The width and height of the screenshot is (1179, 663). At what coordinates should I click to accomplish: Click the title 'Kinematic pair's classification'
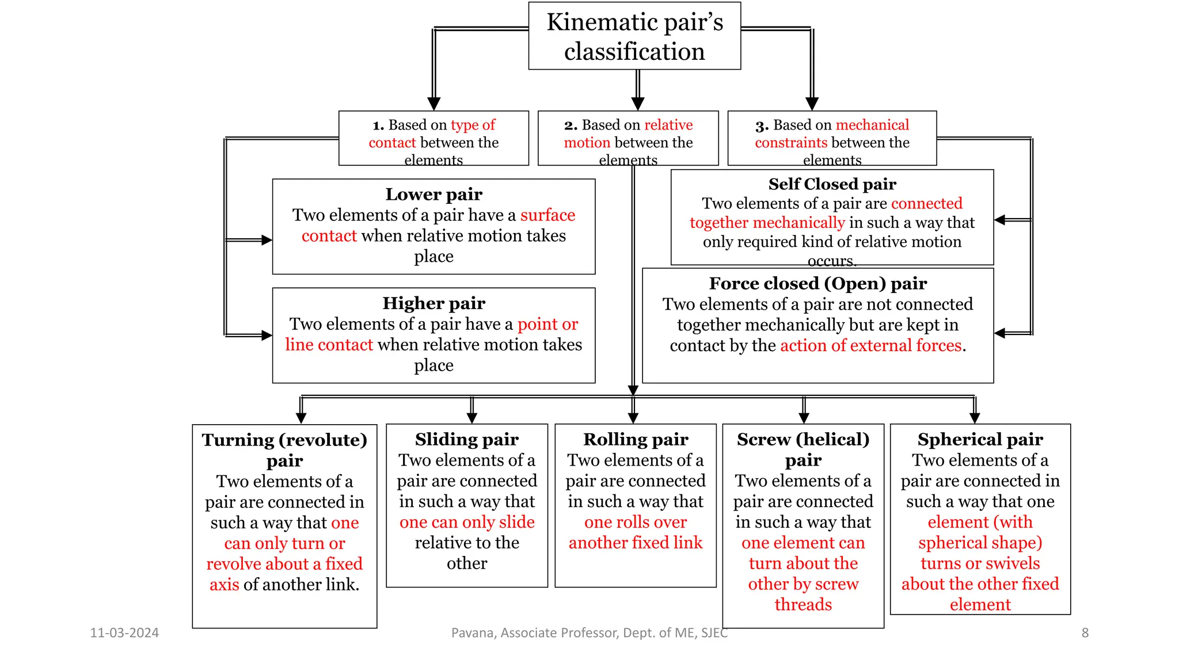634,36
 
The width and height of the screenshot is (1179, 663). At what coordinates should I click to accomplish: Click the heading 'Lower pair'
433,195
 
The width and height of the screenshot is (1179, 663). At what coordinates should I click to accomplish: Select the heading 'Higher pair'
433,303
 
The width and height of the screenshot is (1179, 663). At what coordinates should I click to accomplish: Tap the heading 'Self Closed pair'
832,184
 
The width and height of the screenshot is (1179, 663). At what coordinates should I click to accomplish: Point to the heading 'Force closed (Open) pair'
817,284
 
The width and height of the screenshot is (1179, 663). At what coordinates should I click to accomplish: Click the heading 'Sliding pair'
466,440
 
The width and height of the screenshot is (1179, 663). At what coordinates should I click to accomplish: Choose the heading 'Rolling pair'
636,440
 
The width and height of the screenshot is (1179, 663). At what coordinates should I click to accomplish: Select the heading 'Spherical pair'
980,440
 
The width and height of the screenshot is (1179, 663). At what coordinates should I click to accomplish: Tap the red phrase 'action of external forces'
870,345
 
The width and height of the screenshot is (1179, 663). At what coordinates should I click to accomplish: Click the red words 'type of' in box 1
473,125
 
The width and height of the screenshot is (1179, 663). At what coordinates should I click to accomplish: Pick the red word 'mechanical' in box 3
872,125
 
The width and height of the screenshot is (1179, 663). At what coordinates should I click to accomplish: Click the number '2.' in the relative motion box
571,125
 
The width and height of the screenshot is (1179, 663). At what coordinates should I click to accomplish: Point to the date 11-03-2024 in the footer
124,633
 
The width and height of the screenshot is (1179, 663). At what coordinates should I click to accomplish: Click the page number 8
1085,633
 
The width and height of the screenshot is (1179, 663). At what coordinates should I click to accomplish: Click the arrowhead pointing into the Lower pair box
267,240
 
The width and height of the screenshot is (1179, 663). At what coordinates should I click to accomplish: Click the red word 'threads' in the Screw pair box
803,605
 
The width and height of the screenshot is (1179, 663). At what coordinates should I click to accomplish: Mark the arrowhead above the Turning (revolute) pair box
301,418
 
